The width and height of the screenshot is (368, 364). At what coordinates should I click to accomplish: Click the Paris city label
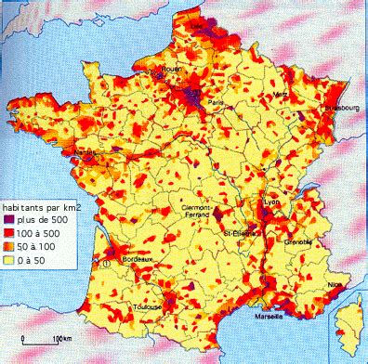pyautogui.click(x=216, y=102)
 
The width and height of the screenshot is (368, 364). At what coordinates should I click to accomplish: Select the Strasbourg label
pyautogui.click(x=338, y=107)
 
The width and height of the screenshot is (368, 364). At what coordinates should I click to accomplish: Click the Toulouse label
pyautogui.click(x=149, y=305)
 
